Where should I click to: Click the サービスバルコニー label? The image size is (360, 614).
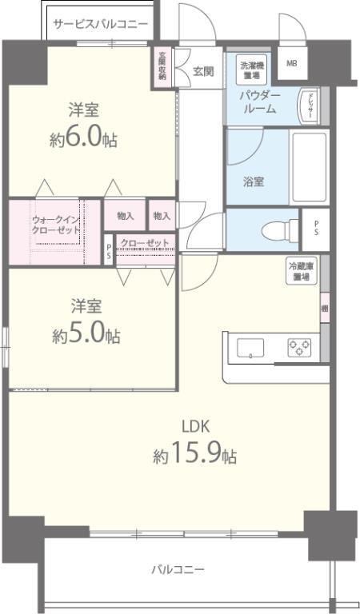(x=101, y=24)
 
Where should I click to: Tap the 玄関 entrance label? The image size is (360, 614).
(x=203, y=70)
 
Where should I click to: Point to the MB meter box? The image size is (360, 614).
(x=291, y=64)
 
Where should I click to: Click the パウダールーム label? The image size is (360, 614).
(x=259, y=102)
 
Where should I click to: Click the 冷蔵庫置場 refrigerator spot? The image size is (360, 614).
(x=302, y=271)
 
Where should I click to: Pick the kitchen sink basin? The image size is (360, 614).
(x=250, y=347)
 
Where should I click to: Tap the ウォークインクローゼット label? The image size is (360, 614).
(x=56, y=225)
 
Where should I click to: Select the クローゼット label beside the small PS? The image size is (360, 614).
(x=145, y=242)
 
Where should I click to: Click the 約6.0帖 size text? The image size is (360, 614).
(x=83, y=139)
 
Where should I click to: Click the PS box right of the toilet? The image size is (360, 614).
(x=315, y=228)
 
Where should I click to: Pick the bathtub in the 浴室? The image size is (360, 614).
(x=308, y=166)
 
